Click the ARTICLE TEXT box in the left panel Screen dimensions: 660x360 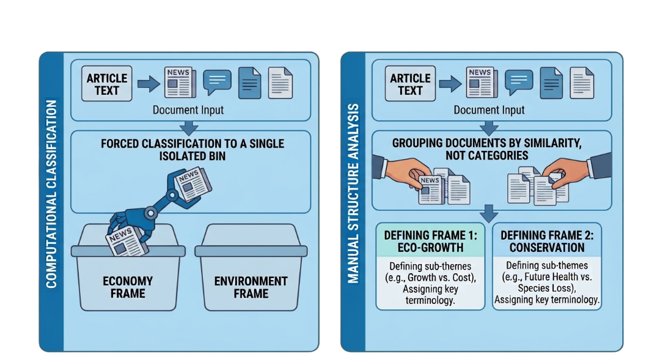(x=107, y=83)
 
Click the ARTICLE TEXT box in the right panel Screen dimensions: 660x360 (x=410, y=83)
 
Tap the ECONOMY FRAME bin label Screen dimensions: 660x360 (x=128, y=287)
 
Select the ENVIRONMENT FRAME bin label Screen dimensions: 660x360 (x=251, y=287)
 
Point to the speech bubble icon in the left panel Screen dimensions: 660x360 (x=217, y=82)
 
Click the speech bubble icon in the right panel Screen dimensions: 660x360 (x=519, y=82)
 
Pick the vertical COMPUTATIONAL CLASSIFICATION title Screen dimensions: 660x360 (x=51, y=194)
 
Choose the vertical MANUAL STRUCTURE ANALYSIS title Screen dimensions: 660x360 (x=353, y=193)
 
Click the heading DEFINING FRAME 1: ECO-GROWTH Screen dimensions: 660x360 (x=431, y=241)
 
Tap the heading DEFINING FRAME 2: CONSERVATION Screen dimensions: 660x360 (x=547, y=241)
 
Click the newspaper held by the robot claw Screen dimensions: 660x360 (x=194, y=183)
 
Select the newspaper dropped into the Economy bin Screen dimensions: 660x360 (x=126, y=241)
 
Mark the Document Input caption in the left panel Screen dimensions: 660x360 (x=188, y=110)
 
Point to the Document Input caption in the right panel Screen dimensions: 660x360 (x=489, y=110)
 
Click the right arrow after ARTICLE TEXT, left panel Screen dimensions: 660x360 (x=149, y=83)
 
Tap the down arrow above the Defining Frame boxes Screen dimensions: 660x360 (x=489, y=213)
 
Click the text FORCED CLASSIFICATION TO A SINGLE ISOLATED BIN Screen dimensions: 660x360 (x=193, y=150)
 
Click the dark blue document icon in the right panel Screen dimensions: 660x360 (x=551, y=83)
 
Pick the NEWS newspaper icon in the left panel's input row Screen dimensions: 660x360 (x=180, y=82)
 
